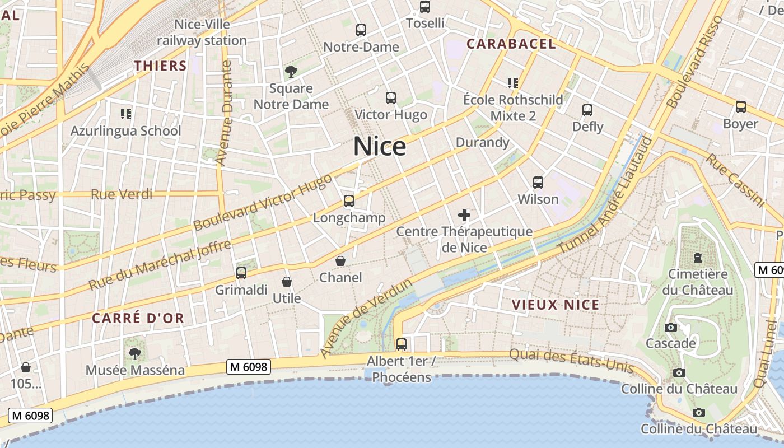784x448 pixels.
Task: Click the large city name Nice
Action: pos(379,147)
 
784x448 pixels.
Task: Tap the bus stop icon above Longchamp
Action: pos(349,200)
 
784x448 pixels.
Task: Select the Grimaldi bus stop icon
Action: pos(241,273)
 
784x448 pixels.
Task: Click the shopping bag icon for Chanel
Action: pos(340,261)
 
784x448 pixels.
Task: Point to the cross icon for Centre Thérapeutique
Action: pos(464,215)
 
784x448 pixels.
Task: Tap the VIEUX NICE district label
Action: pos(556,305)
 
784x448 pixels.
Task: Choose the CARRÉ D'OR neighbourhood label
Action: pos(138,318)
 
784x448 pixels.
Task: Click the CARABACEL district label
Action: pos(511,44)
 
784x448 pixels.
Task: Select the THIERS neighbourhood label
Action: pos(160,66)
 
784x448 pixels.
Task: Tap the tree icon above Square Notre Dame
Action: pos(291,72)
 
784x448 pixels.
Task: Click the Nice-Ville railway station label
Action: pos(202,32)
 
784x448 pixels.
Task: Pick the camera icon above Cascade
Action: pos(670,327)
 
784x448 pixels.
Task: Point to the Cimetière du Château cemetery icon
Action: pos(697,258)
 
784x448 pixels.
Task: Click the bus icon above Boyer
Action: pos(740,107)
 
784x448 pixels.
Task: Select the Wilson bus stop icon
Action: pos(538,183)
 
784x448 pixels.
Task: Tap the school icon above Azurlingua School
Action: pos(126,114)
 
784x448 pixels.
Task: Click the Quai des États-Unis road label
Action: pos(571,361)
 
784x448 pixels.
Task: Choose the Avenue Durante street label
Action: pos(223,113)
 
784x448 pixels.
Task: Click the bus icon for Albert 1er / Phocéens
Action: pos(401,344)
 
